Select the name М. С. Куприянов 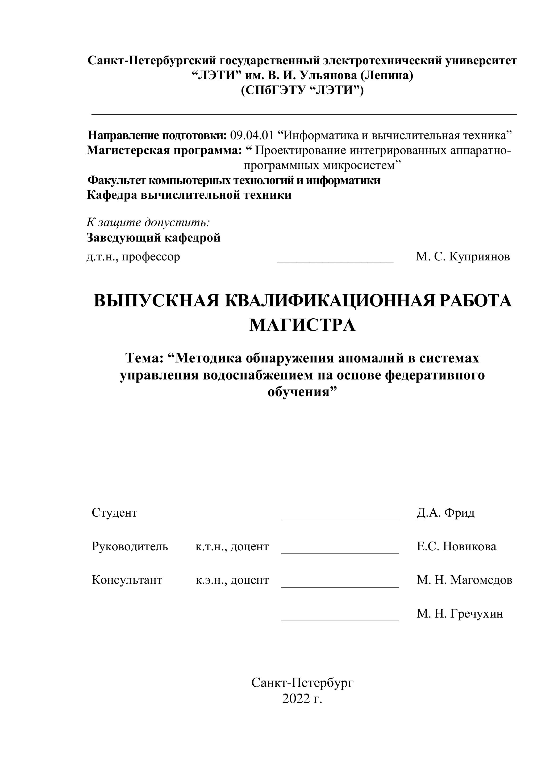click(462, 257)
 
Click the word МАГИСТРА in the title click(302, 325)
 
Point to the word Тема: click(145, 358)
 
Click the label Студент click(114, 513)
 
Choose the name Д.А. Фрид click(445, 513)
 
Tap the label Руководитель click(130, 547)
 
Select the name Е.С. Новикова click(456, 547)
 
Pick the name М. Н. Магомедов click(464, 580)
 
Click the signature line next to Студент click(340, 519)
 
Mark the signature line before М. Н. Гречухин click(340, 620)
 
